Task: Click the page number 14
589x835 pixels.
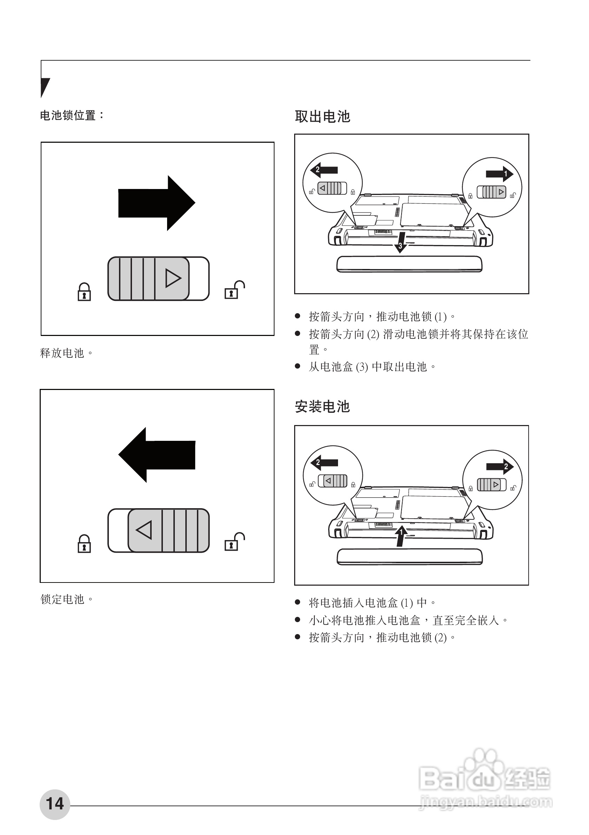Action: [55, 804]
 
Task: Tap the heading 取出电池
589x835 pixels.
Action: [322, 117]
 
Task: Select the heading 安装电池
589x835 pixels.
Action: [322, 406]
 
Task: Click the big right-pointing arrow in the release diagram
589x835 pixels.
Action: [157, 203]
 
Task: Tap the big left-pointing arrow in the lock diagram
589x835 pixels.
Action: [157, 454]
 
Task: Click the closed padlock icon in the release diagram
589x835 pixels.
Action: [84, 292]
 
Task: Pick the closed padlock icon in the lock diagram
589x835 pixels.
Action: [84, 544]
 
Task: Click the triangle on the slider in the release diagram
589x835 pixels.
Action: [173, 278]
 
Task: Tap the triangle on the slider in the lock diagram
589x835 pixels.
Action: [144, 530]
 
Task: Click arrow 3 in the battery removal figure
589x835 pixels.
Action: [401, 242]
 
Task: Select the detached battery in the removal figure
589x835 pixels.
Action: [409, 264]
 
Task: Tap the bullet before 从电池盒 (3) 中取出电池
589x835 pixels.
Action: [298, 366]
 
